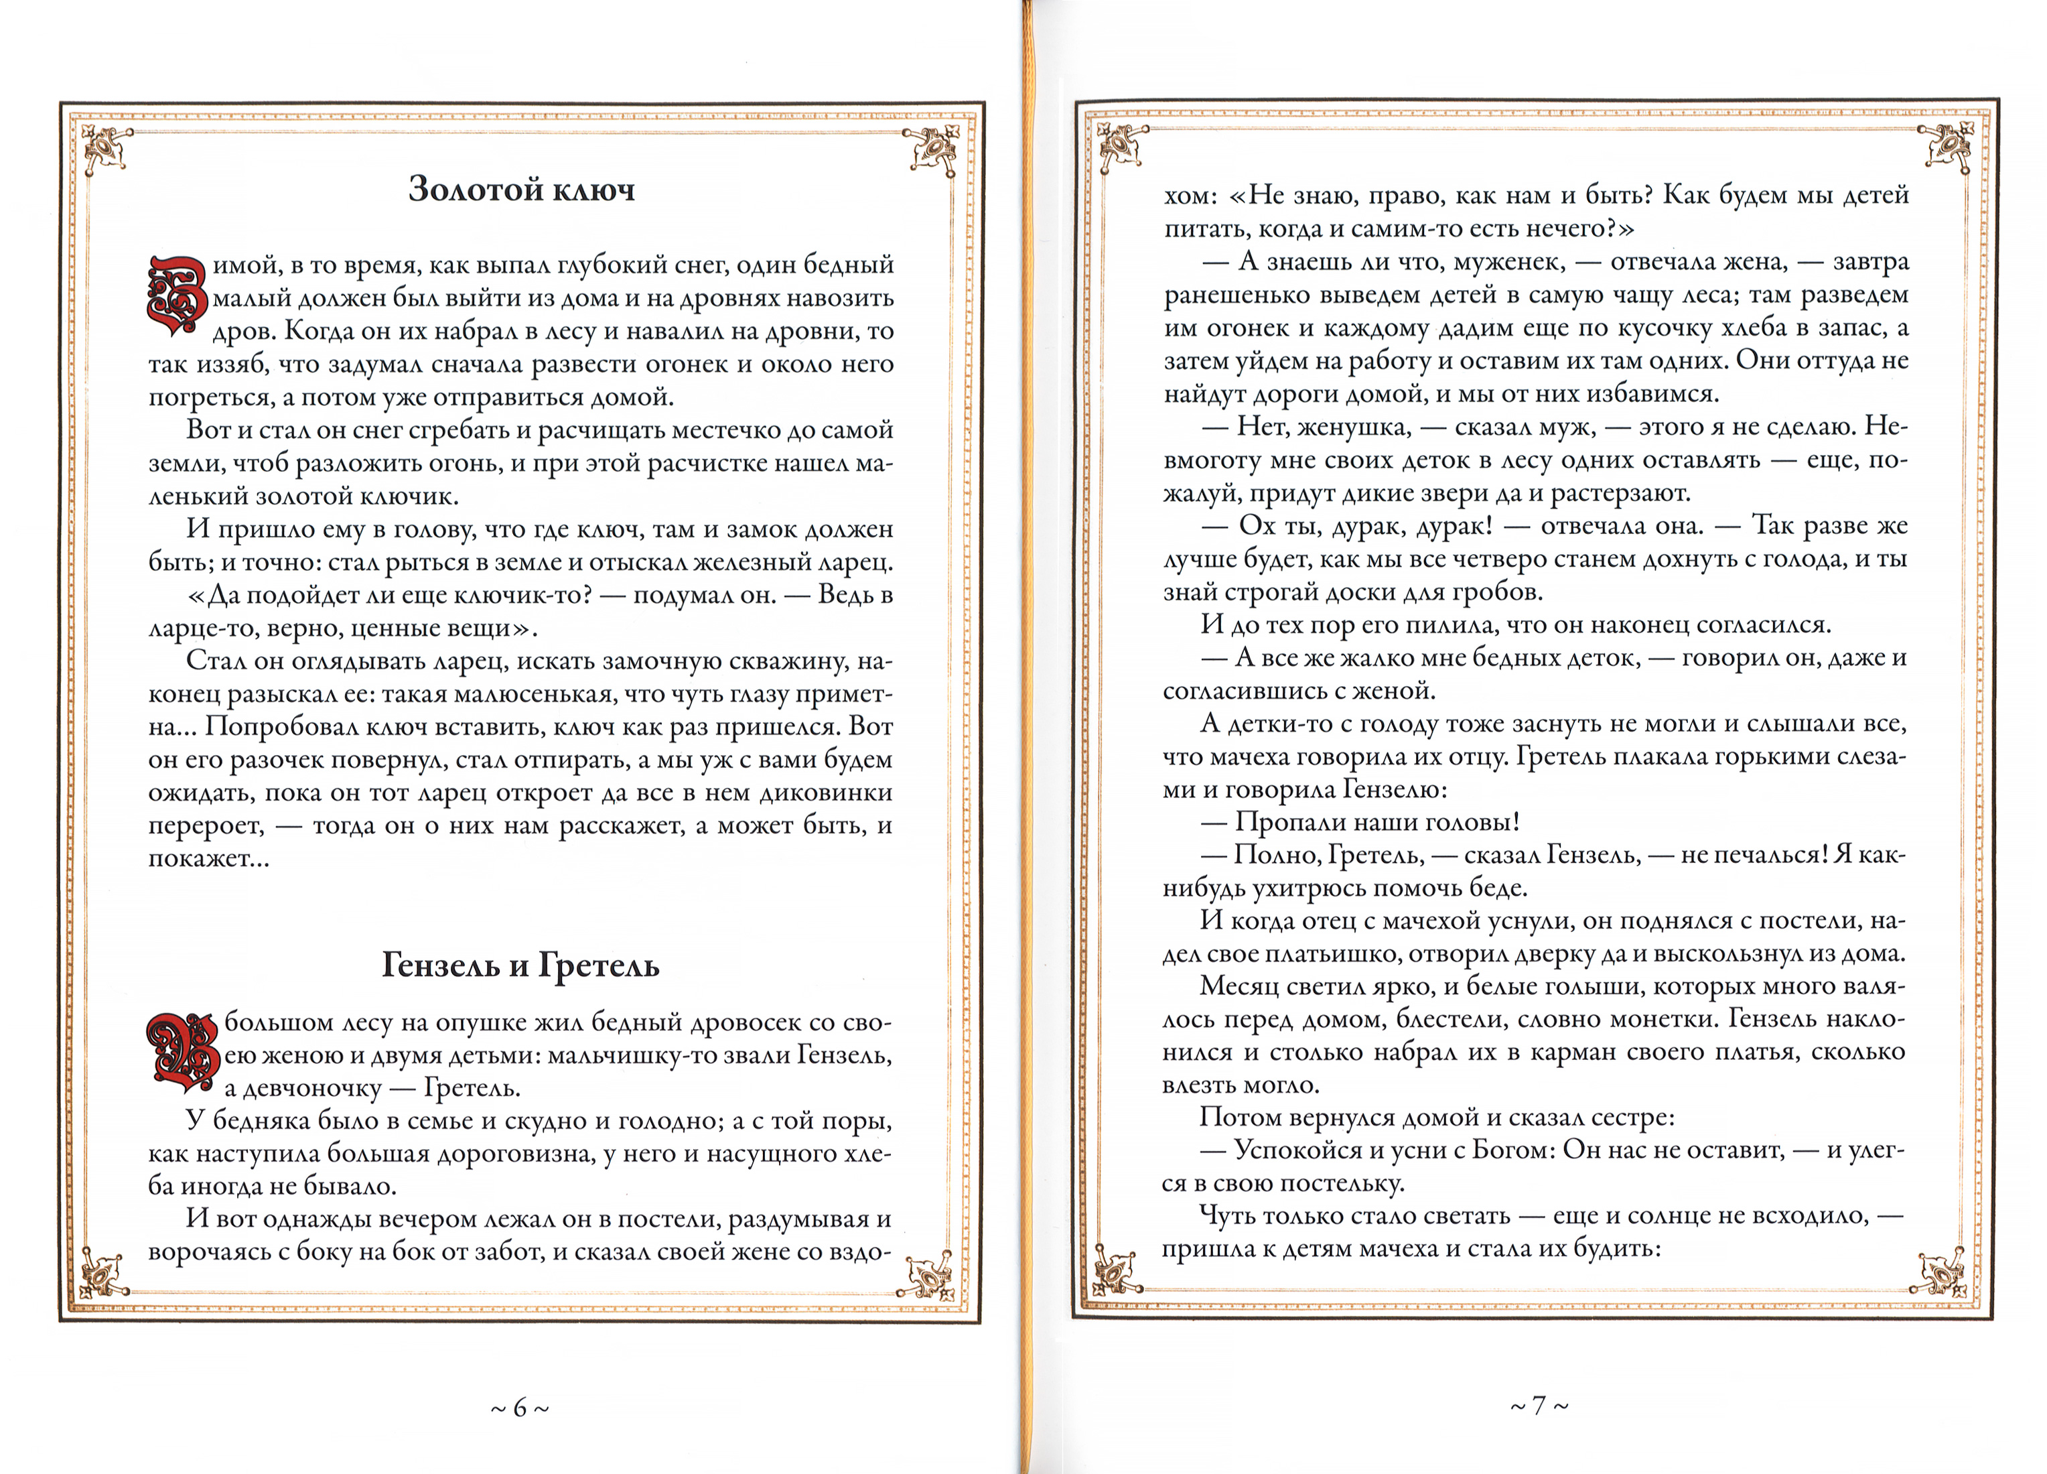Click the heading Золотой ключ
pos(522,189)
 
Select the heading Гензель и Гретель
pos(520,965)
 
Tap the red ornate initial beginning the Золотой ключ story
pos(177,296)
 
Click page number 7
pos(1539,1406)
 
